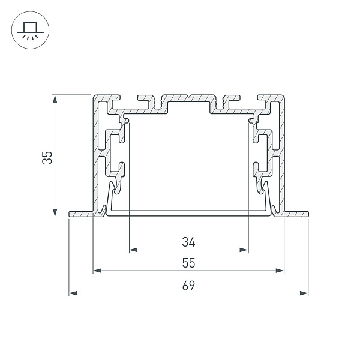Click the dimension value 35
47,157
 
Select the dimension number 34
188,242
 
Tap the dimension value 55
188,263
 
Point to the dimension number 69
188,286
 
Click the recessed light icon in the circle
30,31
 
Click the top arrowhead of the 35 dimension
55,99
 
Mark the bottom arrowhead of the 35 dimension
55,212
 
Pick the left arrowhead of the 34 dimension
133,250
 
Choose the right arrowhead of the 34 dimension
244,250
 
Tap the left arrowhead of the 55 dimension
97,271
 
